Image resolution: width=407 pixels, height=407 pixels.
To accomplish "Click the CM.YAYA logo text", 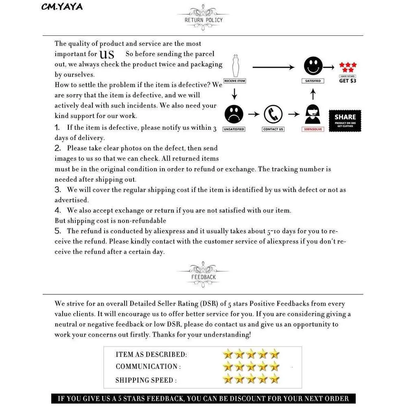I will point(62,7).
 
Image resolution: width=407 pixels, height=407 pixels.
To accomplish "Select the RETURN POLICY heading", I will point(203,20).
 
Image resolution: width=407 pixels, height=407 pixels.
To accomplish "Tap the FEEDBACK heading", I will point(203,277).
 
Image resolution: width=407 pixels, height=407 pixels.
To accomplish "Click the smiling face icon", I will point(313,66).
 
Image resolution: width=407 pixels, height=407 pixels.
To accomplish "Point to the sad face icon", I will point(234,114).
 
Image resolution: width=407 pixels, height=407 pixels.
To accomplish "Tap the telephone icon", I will point(273,114).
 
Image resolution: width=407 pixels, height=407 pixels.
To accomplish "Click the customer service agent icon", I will point(313,115).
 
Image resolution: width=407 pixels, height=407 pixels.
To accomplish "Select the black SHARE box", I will point(345,120).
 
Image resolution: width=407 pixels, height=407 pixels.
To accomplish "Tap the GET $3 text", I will point(348,81).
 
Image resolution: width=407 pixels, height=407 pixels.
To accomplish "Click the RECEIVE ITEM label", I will point(235,81).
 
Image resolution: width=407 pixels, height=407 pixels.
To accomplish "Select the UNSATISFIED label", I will point(234,129).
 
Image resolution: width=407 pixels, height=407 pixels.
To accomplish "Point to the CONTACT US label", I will point(273,129).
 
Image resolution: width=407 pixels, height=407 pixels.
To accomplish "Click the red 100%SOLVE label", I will point(313,129).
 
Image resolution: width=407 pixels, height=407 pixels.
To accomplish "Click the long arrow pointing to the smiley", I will point(273,67).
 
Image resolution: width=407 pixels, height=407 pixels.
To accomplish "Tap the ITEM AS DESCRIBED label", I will point(151,354).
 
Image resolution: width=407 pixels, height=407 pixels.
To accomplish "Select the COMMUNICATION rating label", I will point(148,367).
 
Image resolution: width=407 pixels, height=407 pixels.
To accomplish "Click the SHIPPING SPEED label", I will point(146,380).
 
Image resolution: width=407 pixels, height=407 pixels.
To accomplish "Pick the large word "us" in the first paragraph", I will point(107,54).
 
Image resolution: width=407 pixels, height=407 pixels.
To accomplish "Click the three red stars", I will point(348,67).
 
